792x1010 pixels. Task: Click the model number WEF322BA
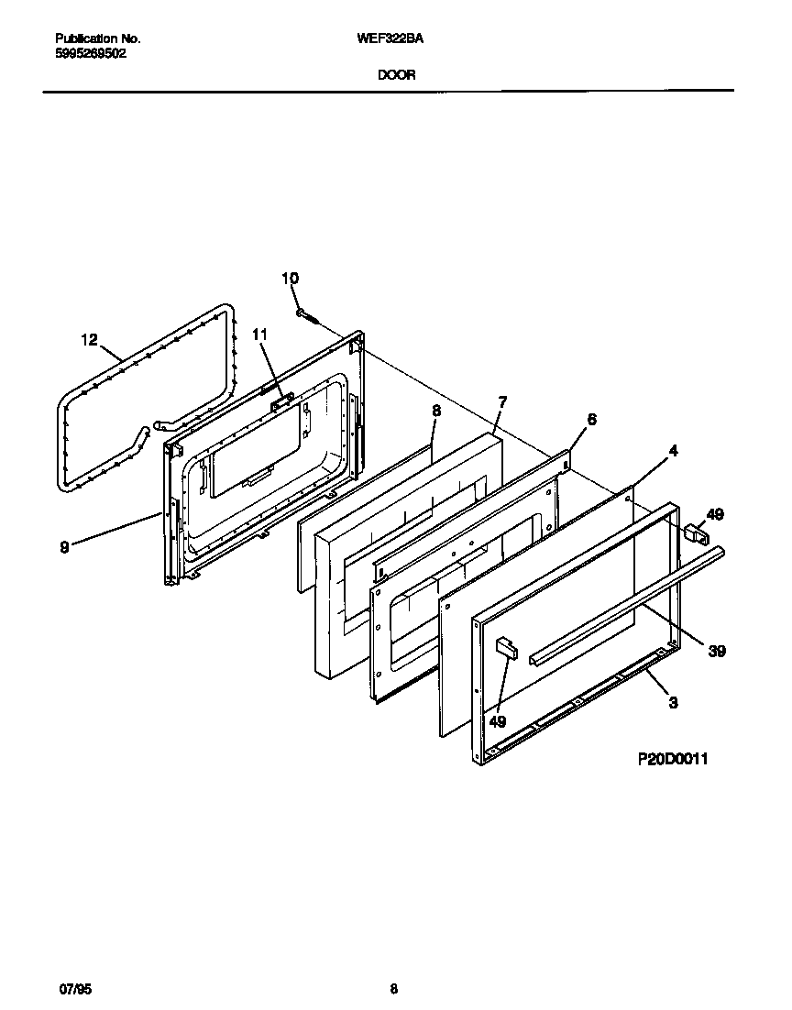pyautogui.click(x=396, y=39)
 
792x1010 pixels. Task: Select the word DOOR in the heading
pyautogui.click(x=396, y=76)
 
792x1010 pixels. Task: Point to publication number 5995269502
pyautogui.click(x=91, y=53)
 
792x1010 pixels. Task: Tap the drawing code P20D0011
pyautogui.click(x=674, y=759)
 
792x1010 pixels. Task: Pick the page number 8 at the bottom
pyautogui.click(x=393, y=989)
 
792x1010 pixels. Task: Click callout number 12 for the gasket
pyautogui.click(x=89, y=340)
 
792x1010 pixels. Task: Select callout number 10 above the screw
pyautogui.click(x=290, y=278)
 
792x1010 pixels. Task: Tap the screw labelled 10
pyautogui.click(x=306, y=315)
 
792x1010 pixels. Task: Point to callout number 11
pyautogui.click(x=259, y=335)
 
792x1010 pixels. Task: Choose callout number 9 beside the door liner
pyautogui.click(x=64, y=547)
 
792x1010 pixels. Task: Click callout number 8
pyautogui.click(x=435, y=412)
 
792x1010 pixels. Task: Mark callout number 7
pyautogui.click(x=501, y=401)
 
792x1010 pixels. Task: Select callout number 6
pyautogui.click(x=591, y=419)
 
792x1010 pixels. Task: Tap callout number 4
pyautogui.click(x=673, y=450)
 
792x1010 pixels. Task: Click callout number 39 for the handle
pyautogui.click(x=718, y=651)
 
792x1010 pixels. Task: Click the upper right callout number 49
pyautogui.click(x=715, y=514)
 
